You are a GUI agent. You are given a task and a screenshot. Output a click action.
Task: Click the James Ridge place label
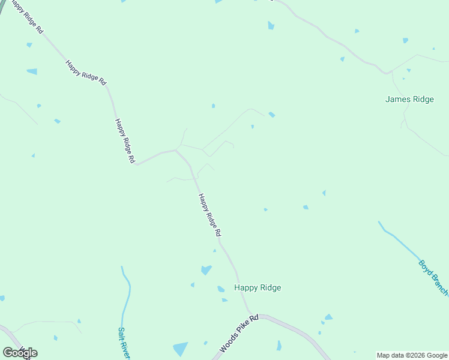pos(409,100)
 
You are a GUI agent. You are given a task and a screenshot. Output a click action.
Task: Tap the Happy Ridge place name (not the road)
pos(258,287)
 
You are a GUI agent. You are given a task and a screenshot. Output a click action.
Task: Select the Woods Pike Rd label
pos(238,333)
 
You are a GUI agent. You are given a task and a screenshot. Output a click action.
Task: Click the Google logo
pos(20,353)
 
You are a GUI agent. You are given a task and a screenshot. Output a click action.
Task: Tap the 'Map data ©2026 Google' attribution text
pos(412,355)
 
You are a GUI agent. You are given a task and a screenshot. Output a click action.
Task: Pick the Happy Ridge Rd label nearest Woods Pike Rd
pos(210,215)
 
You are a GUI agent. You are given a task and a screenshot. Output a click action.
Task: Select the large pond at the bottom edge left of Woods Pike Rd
pos(180,349)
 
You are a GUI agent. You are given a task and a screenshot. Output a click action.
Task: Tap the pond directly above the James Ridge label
pos(405,41)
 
